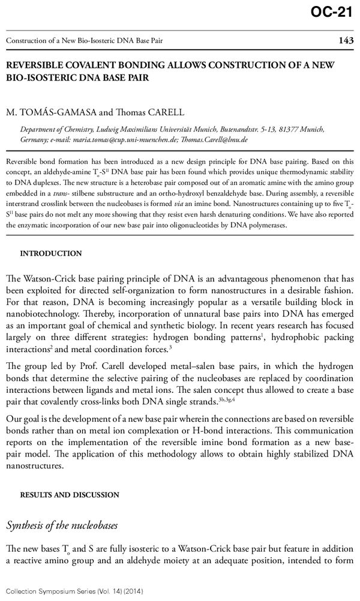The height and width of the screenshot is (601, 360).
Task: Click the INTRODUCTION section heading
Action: point(52,253)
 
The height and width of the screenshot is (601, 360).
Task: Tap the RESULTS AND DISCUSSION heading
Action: point(70,495)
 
